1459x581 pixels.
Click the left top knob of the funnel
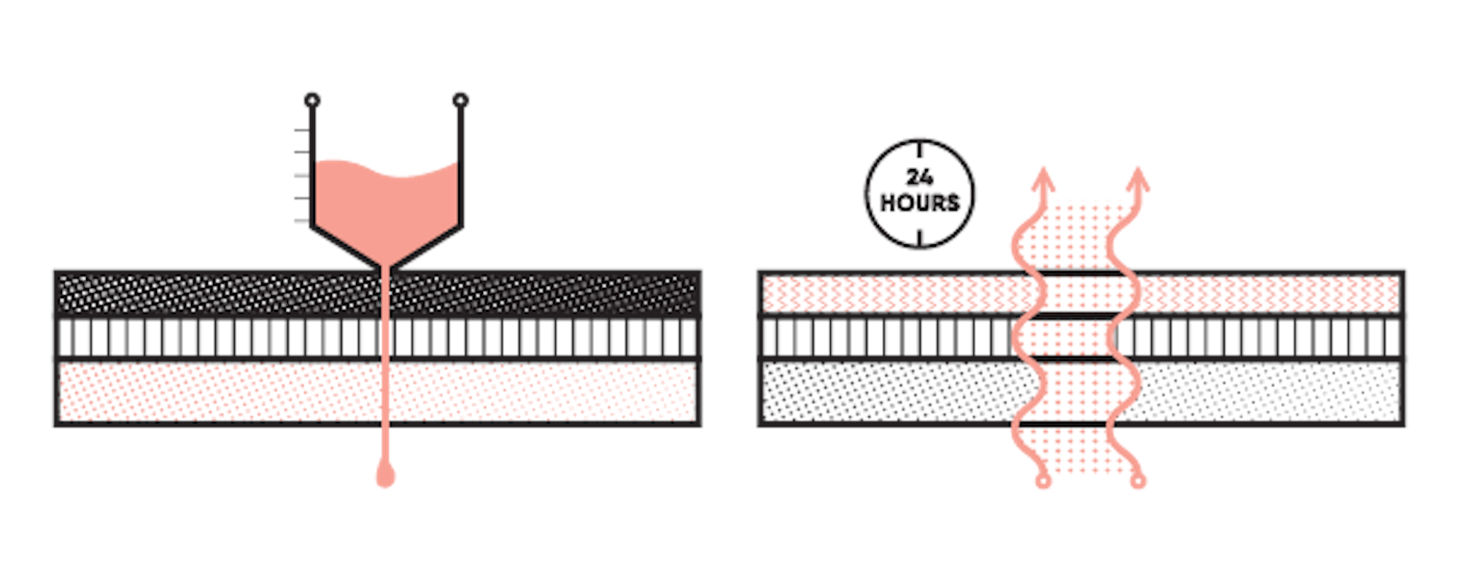click(x=311, y=100)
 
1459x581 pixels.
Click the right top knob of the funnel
click(x=460, y=100)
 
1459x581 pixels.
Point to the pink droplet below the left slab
click(x=385, y=475)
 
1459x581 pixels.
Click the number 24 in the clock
click(x=919, y=177)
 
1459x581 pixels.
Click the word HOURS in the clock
click(x=919, y=203)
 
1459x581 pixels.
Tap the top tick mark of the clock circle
click(x=920, y=149)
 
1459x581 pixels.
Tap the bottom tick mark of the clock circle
click(x=920, y=238)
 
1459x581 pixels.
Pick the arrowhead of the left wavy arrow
click(x=1044, y=179)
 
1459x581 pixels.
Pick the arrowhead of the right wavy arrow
click(x=1138, y=179)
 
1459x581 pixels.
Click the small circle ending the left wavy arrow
click(x=1044, y=481)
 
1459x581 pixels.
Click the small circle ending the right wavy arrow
click(x=1138, y=481)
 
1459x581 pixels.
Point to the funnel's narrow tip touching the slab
click(x=386, y=268)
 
